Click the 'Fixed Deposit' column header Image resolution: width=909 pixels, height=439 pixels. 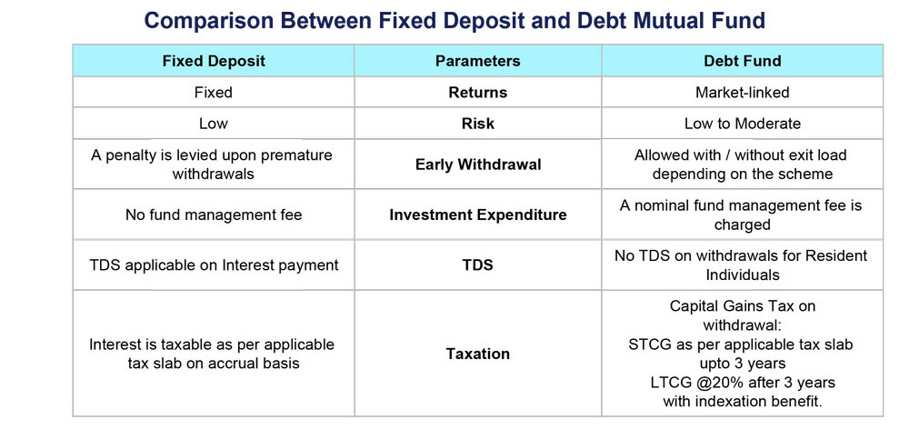click(214, 61)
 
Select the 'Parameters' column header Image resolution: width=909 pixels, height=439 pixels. click(478, 61)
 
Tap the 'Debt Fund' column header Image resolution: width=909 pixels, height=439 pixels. click(742, 61)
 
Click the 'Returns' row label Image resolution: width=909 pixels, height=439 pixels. click(478, 92)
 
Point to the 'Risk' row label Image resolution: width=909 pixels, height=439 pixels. click(478, 124)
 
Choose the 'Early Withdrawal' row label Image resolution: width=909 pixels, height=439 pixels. click(478, 165)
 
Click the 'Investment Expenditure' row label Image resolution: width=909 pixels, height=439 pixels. click(478, 215)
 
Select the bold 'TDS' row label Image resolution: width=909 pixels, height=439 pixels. click(478, 265)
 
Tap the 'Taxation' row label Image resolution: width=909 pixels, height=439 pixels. click(478, 354)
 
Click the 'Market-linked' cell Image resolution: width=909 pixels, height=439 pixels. click(742, 92)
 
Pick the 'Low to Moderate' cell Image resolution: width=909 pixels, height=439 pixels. click(742, 124)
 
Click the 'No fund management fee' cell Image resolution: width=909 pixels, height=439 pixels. click(214, 215)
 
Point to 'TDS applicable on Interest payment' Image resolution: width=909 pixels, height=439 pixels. click(214, 265)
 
